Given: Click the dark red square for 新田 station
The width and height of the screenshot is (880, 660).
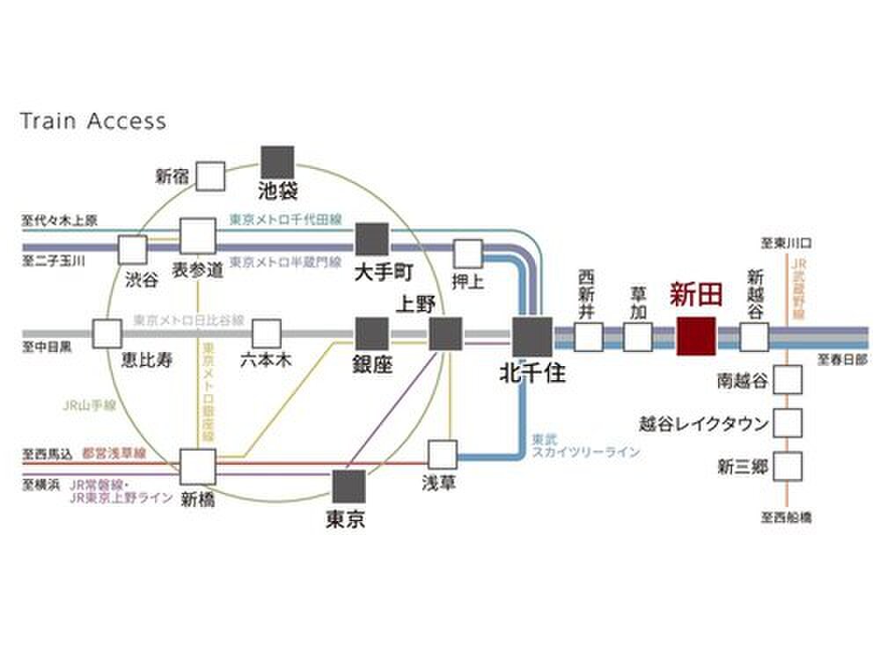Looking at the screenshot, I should click(x=697, y=336).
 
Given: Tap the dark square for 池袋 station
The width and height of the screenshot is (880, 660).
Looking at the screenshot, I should click(x=278, y=163).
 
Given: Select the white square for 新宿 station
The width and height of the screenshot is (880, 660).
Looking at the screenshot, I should click(x=210, y=176).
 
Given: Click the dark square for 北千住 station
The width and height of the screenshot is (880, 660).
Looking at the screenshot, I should click(x=532, y=336).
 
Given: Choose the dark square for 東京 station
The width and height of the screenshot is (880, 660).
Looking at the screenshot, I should click(x=348, y=485).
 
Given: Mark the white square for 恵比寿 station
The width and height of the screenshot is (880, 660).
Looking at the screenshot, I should click(x=107, y=334).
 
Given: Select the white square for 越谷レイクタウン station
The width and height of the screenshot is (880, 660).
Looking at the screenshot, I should click(x=788, y=422).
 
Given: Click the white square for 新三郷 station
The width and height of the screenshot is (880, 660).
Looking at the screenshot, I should click(x=788, y=466).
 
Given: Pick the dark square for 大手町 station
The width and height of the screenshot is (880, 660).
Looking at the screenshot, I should click(x=372, y=238).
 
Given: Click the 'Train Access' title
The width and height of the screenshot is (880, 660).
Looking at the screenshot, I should click(x=92, y=121).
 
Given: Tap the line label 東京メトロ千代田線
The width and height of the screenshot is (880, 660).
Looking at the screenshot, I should click(x=285, y=219).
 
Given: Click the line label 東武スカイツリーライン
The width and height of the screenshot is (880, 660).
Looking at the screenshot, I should click(x=584, y=445).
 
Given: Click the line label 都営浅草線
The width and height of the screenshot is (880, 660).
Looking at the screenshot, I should click(x=114, y=454).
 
